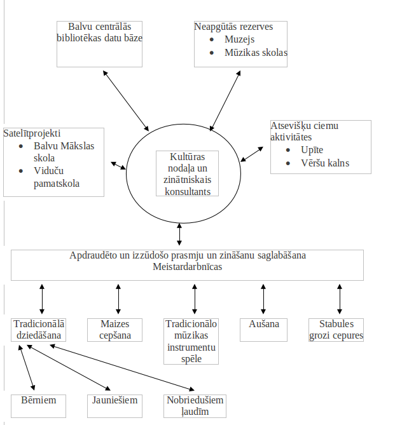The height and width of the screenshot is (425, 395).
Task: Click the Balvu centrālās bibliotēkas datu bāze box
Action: coord(99,44)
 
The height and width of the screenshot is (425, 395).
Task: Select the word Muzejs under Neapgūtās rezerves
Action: coord(239,39)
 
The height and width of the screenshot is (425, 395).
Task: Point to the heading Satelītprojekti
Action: coord(32,133)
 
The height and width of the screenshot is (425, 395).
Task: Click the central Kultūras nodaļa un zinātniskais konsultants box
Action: coord(187,173)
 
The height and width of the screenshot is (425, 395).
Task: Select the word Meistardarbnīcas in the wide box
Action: coord(187,267)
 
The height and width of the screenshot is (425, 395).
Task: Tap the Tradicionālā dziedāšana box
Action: coord(39,330)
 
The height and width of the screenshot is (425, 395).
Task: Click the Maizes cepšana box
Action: coord(115,330)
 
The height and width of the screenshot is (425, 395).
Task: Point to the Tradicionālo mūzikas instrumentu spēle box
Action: coord(191,341)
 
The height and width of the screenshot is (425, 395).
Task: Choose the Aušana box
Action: coord(263,330)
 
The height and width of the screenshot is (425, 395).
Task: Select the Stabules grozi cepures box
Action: coord(336,330)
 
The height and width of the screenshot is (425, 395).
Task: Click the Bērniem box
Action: coord(39,406)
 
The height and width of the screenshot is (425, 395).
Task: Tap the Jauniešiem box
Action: coord(115,406)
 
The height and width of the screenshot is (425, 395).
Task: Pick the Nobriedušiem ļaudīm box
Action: coord(195,406)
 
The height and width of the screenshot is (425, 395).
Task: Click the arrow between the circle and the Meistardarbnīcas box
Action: coord(179,234)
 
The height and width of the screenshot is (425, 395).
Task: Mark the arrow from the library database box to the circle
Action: coord(126,101)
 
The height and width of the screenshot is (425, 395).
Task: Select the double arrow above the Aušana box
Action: coord(263,299)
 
